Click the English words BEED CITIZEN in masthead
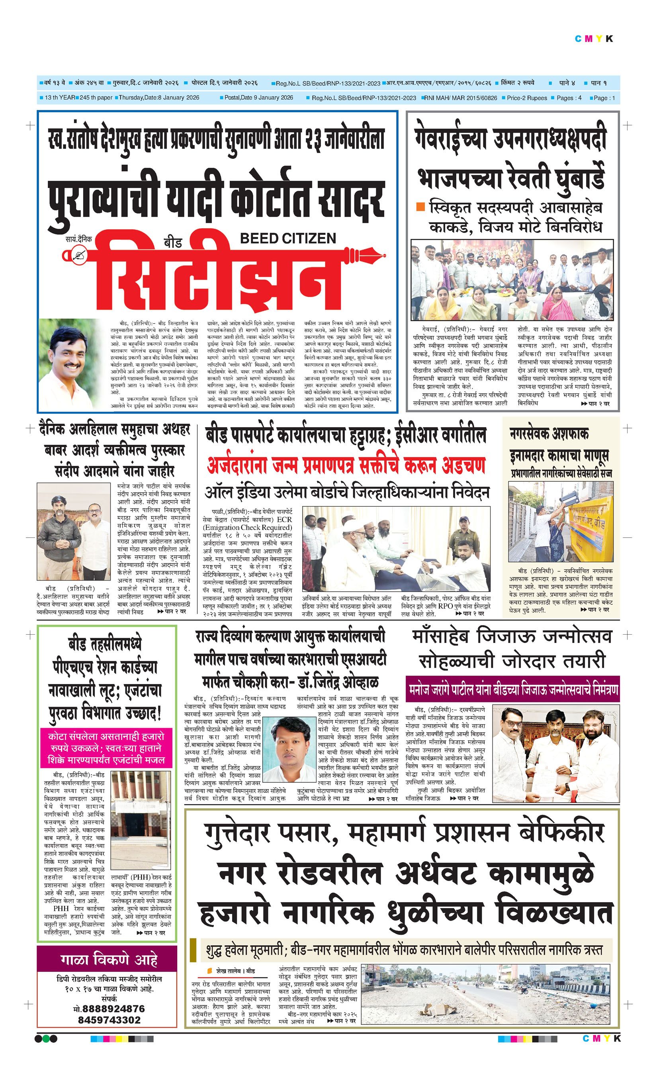tap(288, 238)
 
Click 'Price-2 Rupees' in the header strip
tap(526, 98)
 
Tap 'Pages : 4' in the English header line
tap(569, 98)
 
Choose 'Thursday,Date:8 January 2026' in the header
tap(159, 97)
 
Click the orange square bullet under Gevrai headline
tap(420, 206)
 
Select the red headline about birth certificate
tap(346, 466)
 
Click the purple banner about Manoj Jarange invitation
tap(512, 690)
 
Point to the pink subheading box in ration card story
tap(106, 748)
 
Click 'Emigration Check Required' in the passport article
tap(247, 528)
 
